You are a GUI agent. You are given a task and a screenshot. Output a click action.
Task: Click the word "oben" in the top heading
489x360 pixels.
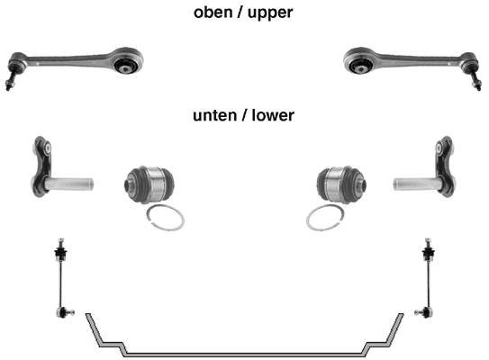[x=213, y=13]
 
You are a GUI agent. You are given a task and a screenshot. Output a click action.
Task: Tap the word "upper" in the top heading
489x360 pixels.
[x=270, y=13]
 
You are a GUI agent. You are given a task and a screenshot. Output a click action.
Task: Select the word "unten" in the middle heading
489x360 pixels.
[x=214, y=115]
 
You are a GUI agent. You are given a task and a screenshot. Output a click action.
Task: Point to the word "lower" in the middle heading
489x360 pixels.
[x=273, y=114]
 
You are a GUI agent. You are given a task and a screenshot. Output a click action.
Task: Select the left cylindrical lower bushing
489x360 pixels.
[x=149, y=184]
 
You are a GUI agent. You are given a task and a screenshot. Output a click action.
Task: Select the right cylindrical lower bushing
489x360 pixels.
[x=341, y=184]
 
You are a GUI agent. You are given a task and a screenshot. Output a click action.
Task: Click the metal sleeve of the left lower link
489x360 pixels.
[x=69, y=184]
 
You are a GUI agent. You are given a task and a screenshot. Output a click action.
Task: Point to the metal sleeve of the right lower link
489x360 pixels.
[x=418, y=184]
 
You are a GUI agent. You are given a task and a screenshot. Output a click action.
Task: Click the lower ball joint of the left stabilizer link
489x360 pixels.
[x=65, y=312]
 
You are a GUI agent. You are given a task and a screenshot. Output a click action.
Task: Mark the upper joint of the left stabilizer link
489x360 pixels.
[x=61, y=250]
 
